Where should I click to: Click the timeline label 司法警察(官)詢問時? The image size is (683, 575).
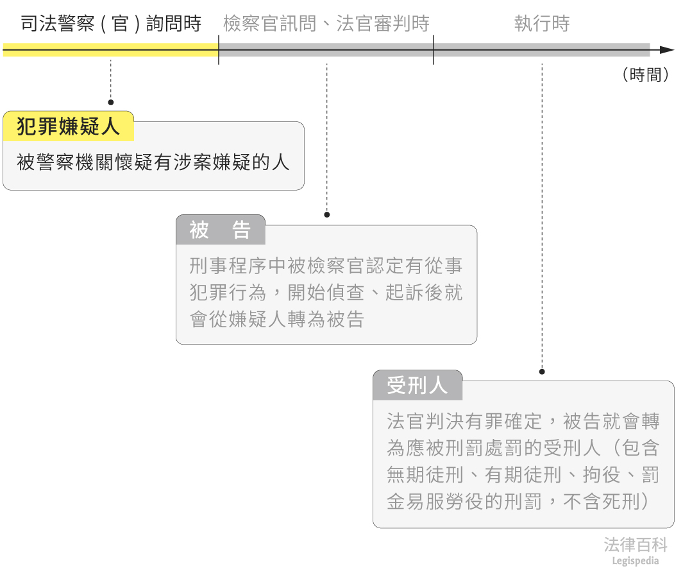tap(111, 24)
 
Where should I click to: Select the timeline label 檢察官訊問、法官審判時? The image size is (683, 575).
tap(326, 24)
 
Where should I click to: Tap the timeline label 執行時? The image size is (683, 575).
tap(542, 24)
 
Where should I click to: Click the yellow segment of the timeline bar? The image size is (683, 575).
tap(110, 50)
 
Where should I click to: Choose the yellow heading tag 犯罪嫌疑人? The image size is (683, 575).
tap(68, 126)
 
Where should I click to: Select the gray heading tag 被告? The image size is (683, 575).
tap(220, 230)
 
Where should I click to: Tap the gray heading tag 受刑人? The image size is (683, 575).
tap(417, 386)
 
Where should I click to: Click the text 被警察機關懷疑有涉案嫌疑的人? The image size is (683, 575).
tap(153, 162)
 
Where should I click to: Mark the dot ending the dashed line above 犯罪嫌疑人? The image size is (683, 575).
tap(110, 102)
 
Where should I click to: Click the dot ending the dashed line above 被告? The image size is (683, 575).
tap(326, 214)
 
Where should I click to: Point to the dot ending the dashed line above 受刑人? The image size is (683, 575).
tap(542, 372)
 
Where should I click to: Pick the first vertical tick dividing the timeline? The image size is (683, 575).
tap(219, 50)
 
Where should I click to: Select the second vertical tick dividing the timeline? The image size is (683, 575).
tap(434, 50)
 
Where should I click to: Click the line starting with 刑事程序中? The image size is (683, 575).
tap(326, 265)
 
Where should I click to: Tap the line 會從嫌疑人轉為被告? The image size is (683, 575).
tap(277, 319)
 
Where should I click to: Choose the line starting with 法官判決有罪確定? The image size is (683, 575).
tap(523, 421)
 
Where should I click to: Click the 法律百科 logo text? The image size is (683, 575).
tap(636, 545)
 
